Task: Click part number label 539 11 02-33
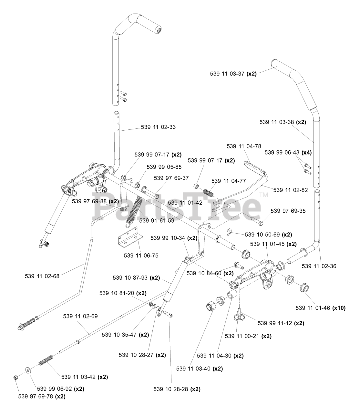[158, 127]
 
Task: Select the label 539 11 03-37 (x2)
[233, 74]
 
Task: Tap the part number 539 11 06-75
[141, 256]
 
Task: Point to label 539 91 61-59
[157, 221]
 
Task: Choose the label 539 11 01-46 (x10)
[320, 308]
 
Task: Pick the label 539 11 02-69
[80, 316]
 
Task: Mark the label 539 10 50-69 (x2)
[268, 235]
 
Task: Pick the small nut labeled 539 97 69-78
[15, 378]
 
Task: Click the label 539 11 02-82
[290, 190]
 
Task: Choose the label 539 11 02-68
[42, 276]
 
